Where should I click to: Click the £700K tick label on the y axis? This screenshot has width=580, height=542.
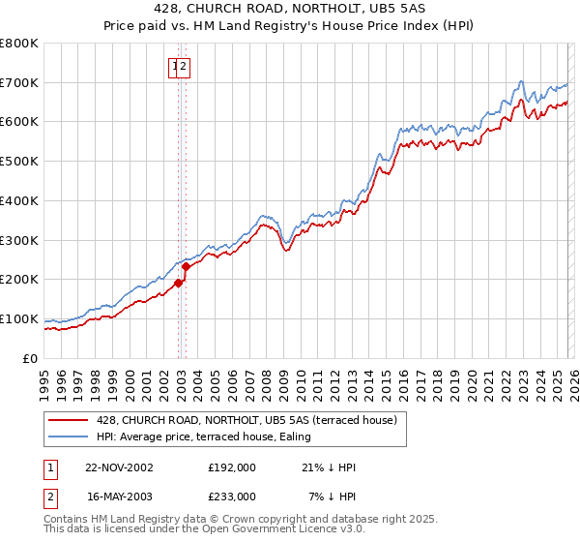pyautogui.click(x=19, y=83)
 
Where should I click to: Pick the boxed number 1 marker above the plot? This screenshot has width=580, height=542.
pyautogui.click(x=175, y=67)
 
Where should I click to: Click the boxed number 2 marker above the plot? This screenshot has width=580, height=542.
pyautogui.click(x=185, y=67)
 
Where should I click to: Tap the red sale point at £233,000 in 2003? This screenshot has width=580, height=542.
pyautogui.click(x=186, y=266)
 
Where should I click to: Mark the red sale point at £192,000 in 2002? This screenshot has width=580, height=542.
pyautogui.click(x=178, y=283)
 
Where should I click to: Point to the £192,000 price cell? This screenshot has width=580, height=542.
pyautogui.click(x=232, y=467)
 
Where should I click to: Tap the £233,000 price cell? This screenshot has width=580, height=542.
pyautogui.click(x=232, y=496)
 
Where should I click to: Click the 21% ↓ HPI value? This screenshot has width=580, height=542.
pyautogui.click(x=329, y=467)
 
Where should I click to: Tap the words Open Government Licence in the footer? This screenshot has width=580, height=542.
pyautogui.click(x=262, y=530)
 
